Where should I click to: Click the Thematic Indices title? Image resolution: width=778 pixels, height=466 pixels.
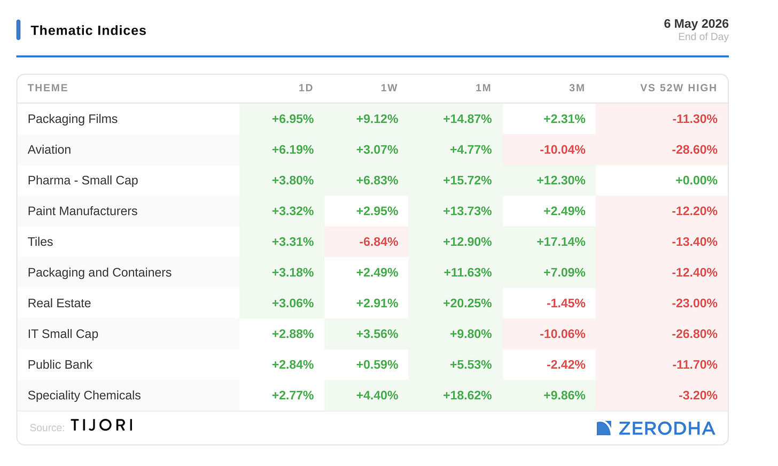point(89,30)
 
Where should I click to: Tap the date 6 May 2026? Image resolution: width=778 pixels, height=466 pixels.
point(696,24)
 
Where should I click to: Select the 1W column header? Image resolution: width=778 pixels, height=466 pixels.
point(389,88)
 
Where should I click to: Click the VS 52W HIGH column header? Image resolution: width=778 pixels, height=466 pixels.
point(679,88)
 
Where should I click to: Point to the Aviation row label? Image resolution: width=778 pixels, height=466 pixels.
point(49,150)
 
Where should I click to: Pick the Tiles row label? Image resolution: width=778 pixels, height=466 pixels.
point(40,242)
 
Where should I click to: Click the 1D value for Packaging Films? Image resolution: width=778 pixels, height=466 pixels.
point(292,119)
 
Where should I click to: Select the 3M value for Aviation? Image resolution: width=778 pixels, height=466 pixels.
point(562,150)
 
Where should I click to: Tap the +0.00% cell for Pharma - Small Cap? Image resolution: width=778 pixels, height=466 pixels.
point(696,181)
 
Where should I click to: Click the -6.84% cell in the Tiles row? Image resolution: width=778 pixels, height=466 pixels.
point(378,242)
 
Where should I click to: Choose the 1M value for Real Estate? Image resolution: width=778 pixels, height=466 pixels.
point(467,303)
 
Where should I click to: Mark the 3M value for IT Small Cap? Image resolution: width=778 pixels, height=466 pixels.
point(562,334)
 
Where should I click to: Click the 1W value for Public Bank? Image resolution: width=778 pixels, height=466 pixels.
point(377,364)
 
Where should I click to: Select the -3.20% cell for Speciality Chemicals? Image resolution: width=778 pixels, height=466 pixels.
point(698,395)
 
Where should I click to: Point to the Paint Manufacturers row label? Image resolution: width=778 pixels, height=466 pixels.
point(83,211)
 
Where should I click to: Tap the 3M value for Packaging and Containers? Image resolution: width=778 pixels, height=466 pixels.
point(564,273)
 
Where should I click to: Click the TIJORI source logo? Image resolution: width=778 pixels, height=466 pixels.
point(102,425)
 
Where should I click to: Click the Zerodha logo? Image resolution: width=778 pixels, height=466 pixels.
point(656,428)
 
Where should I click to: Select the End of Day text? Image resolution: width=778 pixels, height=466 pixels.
point(703,37)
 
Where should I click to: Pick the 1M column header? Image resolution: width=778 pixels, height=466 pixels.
point(483,88)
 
